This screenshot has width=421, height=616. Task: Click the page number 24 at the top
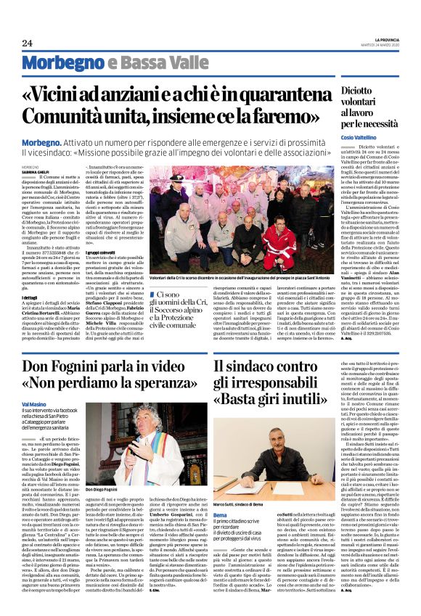[x=27, y=44]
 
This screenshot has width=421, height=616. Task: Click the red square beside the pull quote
[x=151, y=294]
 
